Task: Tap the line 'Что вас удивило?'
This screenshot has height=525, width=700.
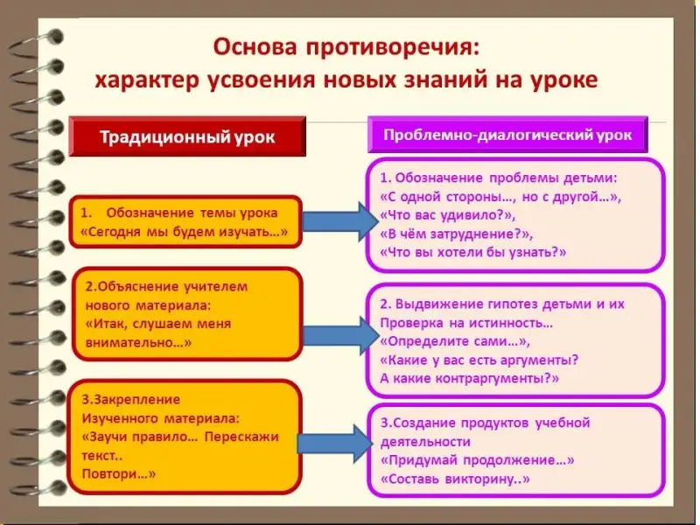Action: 449,214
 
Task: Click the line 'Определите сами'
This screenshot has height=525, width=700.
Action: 455,340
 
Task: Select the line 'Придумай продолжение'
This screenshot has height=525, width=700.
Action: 478,460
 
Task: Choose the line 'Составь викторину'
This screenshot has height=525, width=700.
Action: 455,479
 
